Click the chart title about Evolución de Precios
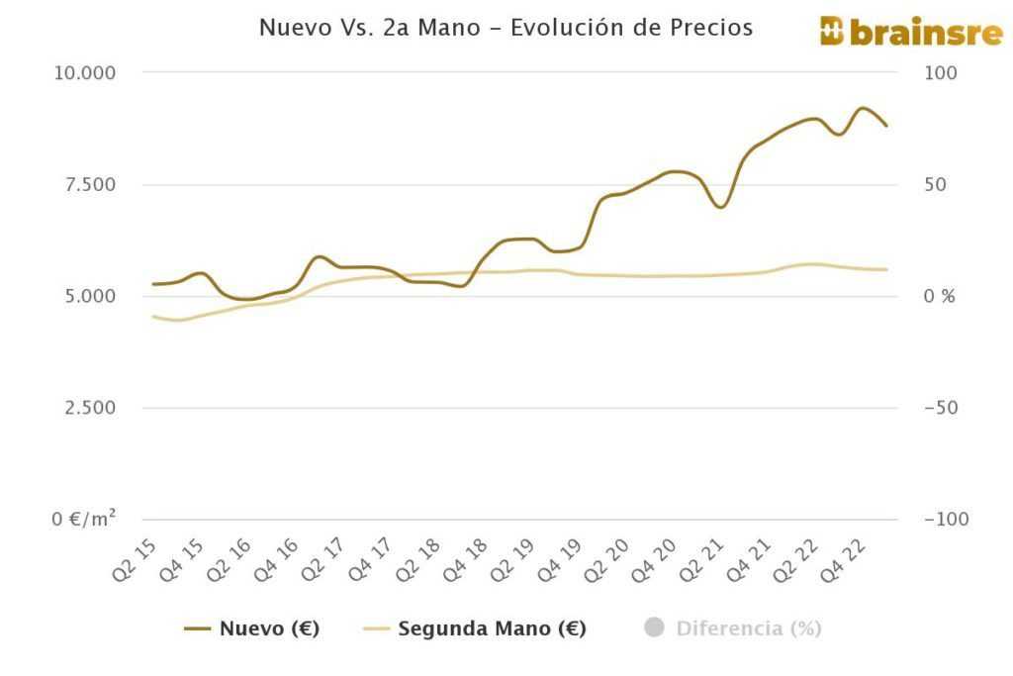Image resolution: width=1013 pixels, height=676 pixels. [506, 28]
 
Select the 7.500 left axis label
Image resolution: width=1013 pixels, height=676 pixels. [86, 185]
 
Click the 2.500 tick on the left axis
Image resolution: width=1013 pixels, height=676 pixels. [86, 408]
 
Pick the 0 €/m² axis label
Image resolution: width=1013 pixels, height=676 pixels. [84, 520]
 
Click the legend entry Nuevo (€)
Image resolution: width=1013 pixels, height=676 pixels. [252, 628]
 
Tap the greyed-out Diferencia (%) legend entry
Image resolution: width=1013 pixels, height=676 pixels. [733, 628]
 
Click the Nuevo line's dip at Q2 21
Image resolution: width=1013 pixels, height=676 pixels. [721, 207]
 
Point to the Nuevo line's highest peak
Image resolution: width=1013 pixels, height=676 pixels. [863, 108]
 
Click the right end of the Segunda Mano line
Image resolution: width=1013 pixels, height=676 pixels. [886, 269]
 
